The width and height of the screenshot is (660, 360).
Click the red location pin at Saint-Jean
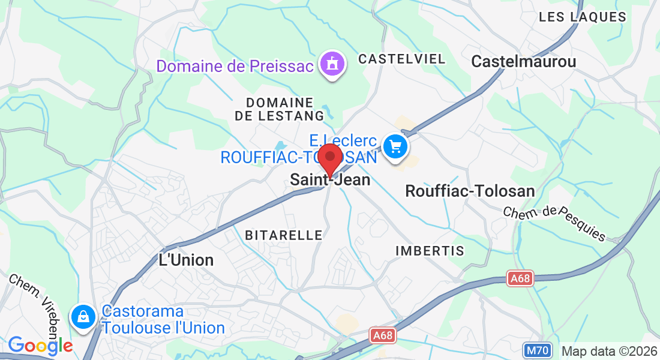pyautogui.click(x=329, y=159)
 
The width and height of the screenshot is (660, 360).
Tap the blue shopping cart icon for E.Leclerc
pyautogui.click(x=395, y=146)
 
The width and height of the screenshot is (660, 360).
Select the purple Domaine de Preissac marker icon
pyautogui.click(x=332, y=64)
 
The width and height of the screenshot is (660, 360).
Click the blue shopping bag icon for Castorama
pyautogui.click(x=82, y=316)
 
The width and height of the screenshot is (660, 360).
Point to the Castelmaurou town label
pyautogui.click(x=523, y=61)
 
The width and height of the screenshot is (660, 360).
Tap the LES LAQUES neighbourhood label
pyautogui.click(x=582, y=17)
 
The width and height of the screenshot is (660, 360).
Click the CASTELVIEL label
pyautogui.click(x=401, y=59)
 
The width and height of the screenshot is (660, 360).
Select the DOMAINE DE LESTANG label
pyautogui.click(x=280, y=109)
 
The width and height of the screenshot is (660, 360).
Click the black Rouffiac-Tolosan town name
pyautogui.click(x=470, y=191)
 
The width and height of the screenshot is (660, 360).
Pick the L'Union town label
pyautogui.click(x=185, y=260)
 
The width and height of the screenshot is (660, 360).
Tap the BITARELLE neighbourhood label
pyautogui.click(x=284, y=235)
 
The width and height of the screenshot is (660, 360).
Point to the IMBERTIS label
pyautogui.click(x=430, y=251)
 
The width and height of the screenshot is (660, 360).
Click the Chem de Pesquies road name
pyautogui.click(x=554, y=223)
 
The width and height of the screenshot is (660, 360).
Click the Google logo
pyautogui.click(x=40, y=346)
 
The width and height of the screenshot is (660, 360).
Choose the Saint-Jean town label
pyautogui.click(x=330, y=179)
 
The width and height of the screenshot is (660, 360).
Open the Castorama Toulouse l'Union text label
pyautogui.click(x=163, y=320)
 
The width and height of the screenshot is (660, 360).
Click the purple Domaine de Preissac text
pyautogui.click(x=235, y=65)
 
